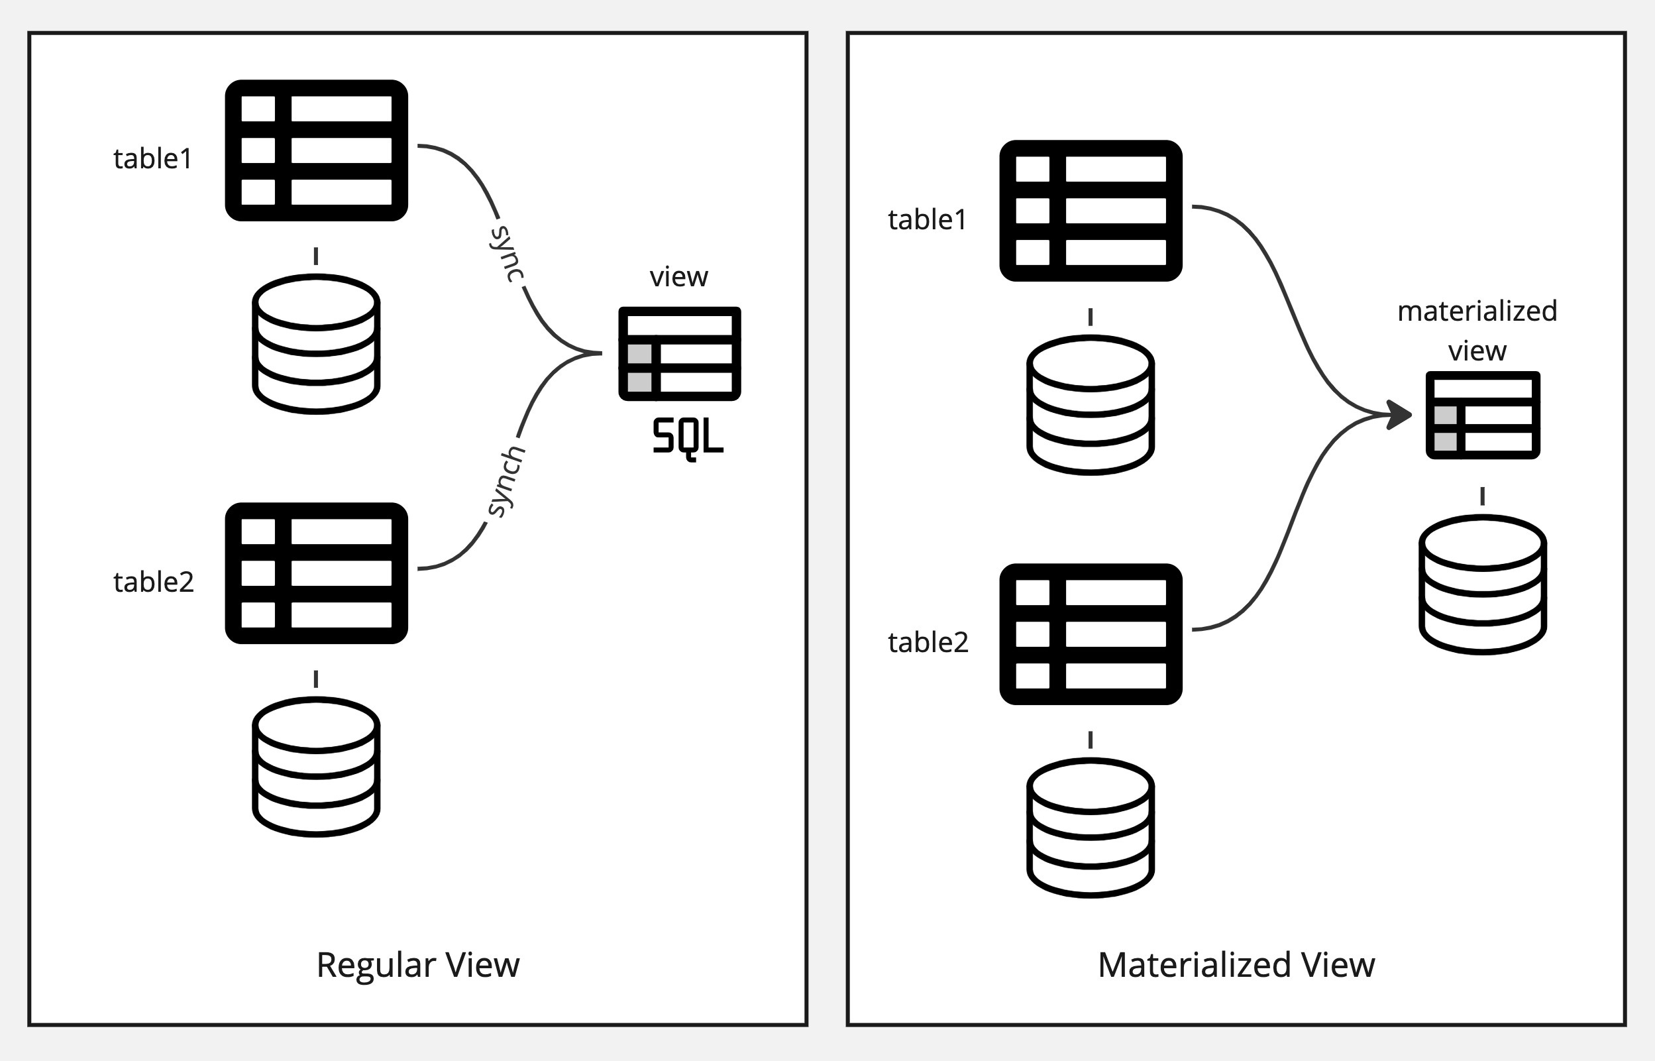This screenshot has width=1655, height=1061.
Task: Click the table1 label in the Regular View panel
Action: [152, 159]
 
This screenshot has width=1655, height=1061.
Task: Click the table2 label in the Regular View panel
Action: [153, 582]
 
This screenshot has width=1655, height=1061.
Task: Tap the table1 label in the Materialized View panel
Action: [927, 220]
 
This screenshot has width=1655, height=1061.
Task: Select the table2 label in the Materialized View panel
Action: [928, 643]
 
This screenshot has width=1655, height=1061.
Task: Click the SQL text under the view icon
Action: [687, 437]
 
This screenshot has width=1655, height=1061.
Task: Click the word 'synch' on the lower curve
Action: [507, 482]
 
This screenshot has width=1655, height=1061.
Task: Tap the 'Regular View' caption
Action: [417, 964]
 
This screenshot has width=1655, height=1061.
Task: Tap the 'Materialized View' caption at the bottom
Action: [1236, 964]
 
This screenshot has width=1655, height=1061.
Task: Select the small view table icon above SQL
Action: [679, 353]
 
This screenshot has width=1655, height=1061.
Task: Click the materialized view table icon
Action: [1482, 415]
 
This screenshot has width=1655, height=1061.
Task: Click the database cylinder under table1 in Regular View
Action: [316, 344]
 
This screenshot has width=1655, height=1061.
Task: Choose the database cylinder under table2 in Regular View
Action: [316, 767]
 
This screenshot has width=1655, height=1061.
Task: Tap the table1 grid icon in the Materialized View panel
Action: [1091, 211]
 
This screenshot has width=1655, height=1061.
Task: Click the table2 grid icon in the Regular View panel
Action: [316, 573]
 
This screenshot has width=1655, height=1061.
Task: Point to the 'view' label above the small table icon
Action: [678, 277]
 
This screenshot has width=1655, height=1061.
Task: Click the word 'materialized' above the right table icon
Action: [1477, 311]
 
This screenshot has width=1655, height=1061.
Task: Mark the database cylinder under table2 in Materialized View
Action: [1091, 828]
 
